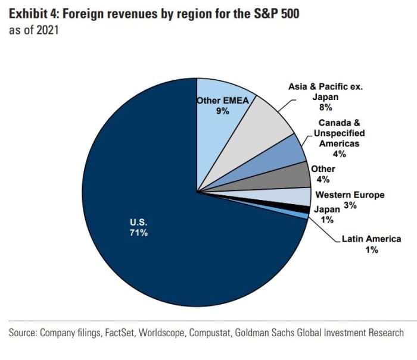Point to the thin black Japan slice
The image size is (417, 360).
(298, 208)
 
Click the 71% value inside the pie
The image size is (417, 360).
(139, 233)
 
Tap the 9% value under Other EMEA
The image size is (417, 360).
(223, 111)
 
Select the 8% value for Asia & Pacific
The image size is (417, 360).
(325, 108)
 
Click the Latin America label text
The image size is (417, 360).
(371, 239)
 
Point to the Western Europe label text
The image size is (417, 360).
(350, 195)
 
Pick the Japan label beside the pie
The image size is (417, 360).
(327, 209)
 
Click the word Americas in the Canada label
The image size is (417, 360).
(339, 143)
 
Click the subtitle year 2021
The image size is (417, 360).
(47, 30)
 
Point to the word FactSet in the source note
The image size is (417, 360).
(119, 333)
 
